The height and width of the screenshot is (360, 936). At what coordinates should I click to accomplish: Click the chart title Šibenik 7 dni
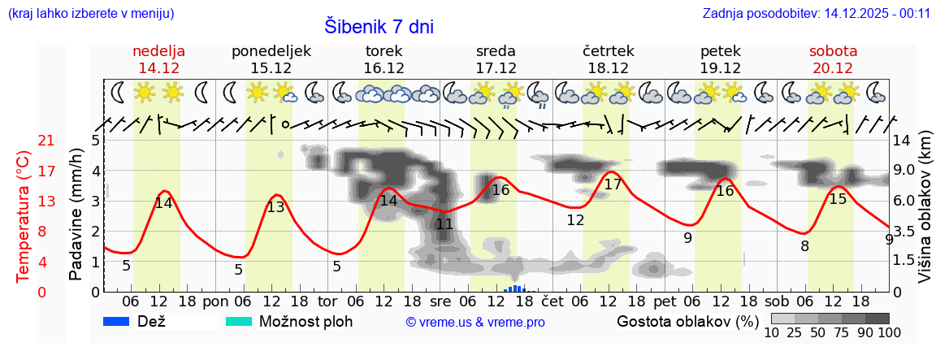tap(379, 26)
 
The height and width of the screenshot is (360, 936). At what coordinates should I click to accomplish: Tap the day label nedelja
tap(159, 50)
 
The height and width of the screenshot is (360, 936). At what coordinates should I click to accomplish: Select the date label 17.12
tap(496, 68)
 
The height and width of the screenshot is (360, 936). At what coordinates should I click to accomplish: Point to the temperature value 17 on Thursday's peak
tap(613, 184)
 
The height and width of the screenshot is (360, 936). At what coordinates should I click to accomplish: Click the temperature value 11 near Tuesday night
tap(444, 224)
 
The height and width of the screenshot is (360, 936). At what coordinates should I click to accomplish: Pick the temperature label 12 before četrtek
tap(575, 220)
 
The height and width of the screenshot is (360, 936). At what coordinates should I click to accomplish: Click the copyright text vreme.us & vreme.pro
tap(475, 323)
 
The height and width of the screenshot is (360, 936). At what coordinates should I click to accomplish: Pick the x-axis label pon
tap(216, 300)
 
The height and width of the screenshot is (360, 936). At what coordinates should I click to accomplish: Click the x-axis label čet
tap(552, 300)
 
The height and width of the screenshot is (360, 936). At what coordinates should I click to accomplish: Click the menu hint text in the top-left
tap(90, 13)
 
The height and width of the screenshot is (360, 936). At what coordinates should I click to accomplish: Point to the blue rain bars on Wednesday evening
tap(518, 288)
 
